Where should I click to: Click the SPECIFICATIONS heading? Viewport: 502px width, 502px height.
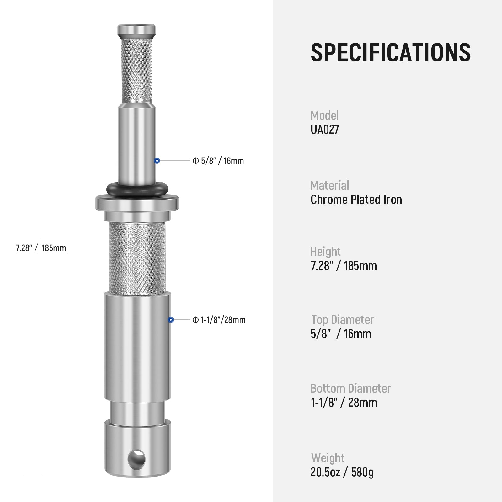tap(390, 52)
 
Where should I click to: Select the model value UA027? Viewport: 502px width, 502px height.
tap(325, 130)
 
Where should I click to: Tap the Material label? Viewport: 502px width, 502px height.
tap(329, 185)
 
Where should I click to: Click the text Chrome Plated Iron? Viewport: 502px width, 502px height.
tap(356, 200)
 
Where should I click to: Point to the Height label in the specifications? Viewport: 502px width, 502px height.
tap(325, 252)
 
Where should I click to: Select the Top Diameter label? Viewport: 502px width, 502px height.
tap(343, 320)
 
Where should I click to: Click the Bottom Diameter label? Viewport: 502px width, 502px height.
tap(350, 388)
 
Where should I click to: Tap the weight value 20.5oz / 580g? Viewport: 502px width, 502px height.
tap(342, 472)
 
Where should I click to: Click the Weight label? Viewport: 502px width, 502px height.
tap(328, 458)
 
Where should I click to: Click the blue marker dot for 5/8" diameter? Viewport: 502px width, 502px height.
tap(157, 161)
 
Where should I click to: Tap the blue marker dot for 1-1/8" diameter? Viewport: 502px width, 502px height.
tap(171, 320)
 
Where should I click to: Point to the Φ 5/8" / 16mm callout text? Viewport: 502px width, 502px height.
tap(218, 161)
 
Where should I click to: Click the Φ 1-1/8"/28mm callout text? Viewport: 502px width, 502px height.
tap(219, 320)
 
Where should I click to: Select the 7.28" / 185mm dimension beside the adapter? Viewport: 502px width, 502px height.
tap(41, 248)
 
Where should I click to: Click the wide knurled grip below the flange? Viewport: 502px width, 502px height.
tap(137, 256)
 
